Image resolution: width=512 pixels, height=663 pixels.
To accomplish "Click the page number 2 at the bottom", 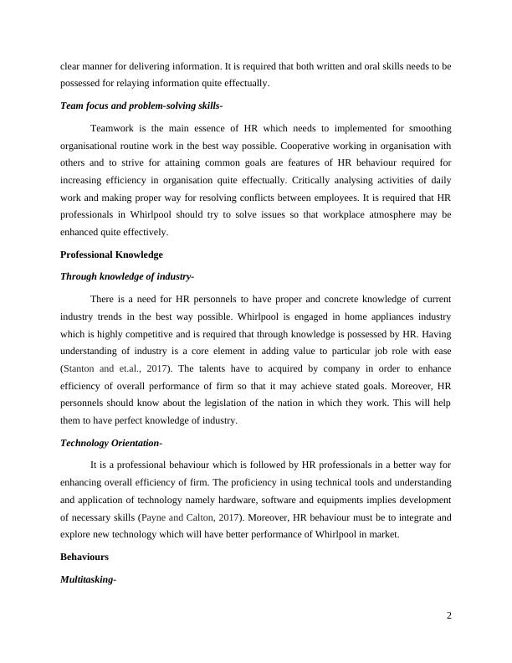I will [449, 617].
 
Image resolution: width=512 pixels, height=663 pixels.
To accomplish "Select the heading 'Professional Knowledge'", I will [111, 254].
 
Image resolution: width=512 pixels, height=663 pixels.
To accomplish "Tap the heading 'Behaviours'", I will [84, 556].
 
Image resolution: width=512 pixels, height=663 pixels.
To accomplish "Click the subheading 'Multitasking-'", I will [88, 578].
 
